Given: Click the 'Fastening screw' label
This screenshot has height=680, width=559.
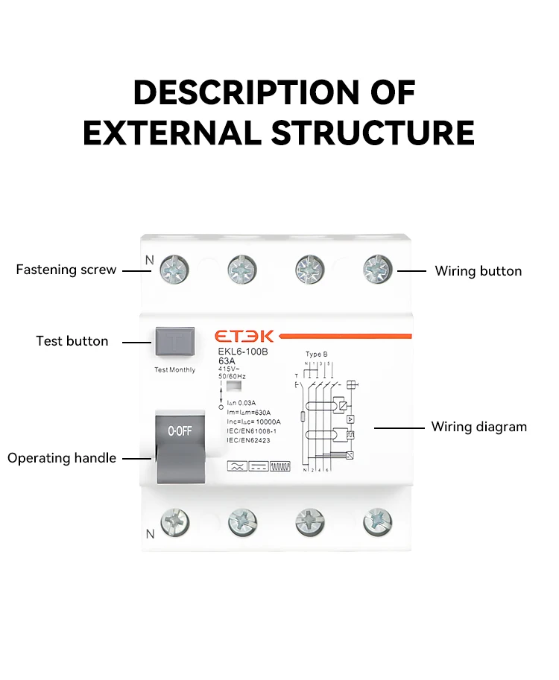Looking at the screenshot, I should pos(66,270).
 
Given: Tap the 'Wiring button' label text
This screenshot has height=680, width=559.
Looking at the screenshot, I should pos(478,271).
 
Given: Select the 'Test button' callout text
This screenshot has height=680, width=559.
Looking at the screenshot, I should pos(72,341).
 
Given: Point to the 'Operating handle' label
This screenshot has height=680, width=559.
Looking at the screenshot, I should pos(62,458).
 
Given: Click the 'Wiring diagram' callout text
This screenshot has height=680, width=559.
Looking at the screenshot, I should pos(479,427).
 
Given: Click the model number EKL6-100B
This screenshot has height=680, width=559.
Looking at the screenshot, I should pos(242,352).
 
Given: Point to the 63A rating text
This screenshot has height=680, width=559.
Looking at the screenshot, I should pos(227,362).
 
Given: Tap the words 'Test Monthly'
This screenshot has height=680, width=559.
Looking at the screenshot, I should pos(175,370).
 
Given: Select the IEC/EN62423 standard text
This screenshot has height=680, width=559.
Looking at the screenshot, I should pos(248,441).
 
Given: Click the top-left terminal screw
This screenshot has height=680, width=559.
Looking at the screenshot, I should pos(176,269).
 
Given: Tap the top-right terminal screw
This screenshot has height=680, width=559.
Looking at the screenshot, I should pos(377,269).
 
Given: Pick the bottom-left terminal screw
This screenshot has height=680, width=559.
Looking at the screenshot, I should pos(176,522).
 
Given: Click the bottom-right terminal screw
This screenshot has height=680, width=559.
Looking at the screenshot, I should pos(377,522).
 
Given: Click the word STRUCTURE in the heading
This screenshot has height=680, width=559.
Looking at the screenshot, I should pos(373,133).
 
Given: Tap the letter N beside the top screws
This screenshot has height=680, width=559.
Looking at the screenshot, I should pos(149,261).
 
